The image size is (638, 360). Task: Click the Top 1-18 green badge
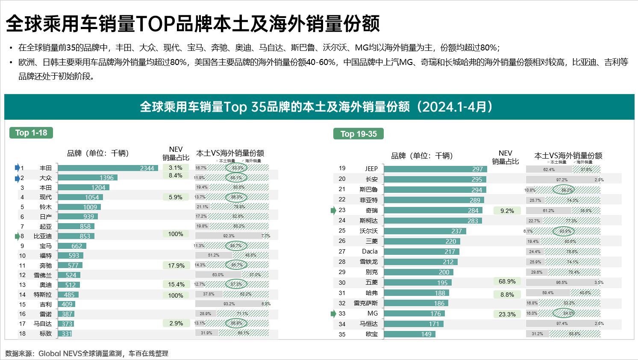pos(31,133)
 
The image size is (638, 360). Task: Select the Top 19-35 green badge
pos(359,134)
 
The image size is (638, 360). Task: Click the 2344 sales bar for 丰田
pos(108,168)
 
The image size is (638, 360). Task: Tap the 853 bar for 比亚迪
pos(76,236)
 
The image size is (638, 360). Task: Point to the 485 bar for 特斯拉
pos(68,295)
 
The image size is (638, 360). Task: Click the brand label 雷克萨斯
pos(366,303)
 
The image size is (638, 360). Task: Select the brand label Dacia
pos(370,251)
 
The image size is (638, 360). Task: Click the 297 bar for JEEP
pos(435,169)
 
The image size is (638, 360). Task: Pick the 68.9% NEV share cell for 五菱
pos(507,281)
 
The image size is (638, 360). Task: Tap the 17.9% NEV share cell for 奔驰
pos(176,266)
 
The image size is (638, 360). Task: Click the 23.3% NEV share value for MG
pos(507,314)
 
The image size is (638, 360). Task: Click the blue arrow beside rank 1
pos(18,168)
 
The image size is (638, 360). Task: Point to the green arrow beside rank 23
pos(334,210)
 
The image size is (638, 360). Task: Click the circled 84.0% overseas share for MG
pos(568,313)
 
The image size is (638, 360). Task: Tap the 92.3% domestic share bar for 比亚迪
pos(229,236)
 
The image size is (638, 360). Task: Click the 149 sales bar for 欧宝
pos(409,334)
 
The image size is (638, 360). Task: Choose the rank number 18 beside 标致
pos(22,333)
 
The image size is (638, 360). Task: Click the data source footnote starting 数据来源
pos(87,353)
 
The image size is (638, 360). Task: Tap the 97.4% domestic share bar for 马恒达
pos(562,324)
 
